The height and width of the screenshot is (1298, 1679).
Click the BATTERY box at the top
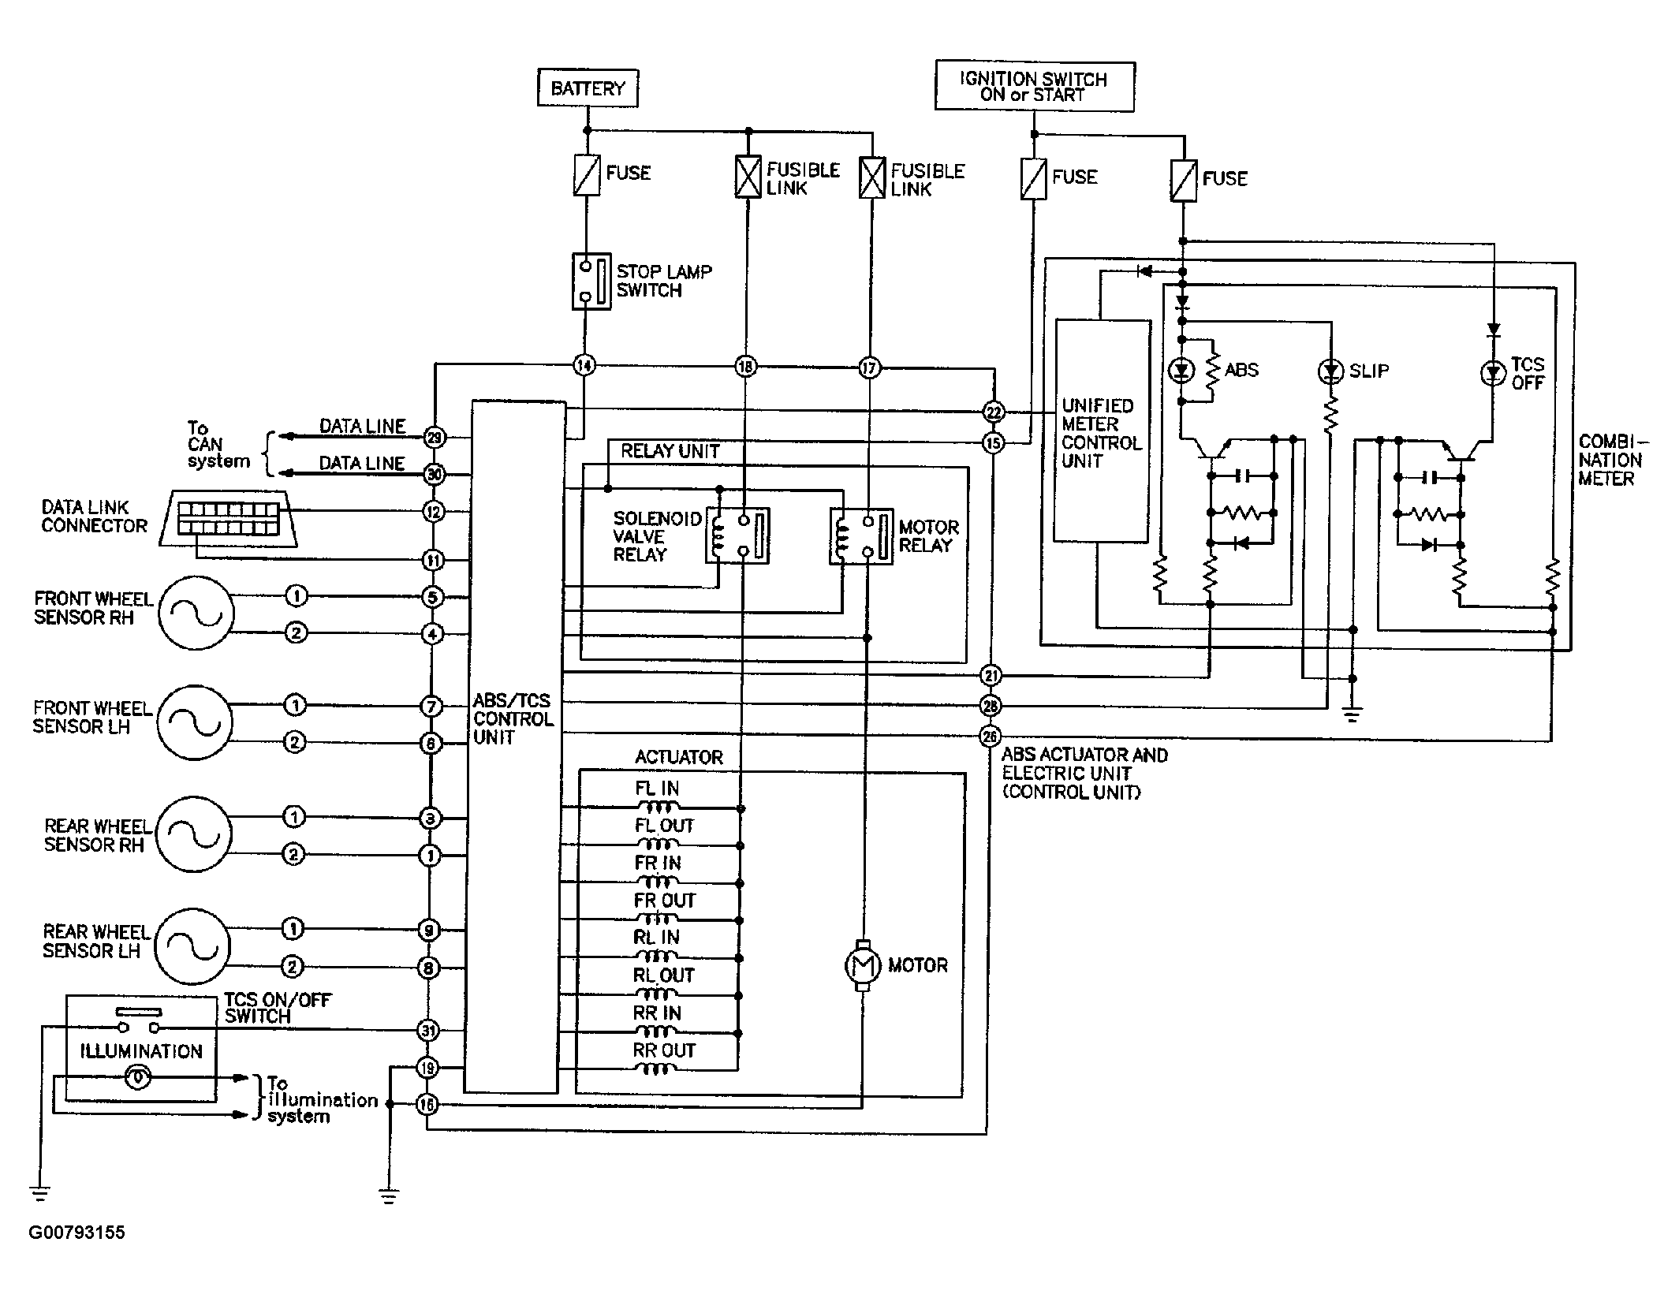[x=588, y=88]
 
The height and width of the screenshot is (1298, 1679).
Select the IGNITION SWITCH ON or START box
[x=1034, y=86]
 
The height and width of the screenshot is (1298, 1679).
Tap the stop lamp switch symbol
[x=591, y=281]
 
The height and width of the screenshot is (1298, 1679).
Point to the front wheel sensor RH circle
[x=196, y=613]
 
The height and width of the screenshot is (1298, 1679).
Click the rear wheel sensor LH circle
[x=192, y=946]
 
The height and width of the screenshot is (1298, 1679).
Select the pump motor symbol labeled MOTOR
[x=862, y=964]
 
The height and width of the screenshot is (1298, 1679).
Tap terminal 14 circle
[x=584, y=365]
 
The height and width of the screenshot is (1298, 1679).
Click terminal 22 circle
[x=993, y=412]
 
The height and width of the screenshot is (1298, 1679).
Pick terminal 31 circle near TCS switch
[x=427, y=1030]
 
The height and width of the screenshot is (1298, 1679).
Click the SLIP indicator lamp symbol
[x=1331, y=371]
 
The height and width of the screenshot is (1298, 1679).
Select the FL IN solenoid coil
[x=657, y=806]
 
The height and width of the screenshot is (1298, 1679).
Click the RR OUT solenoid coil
[x=656, y=1069]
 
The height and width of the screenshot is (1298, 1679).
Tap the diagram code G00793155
[x=76, y=1232]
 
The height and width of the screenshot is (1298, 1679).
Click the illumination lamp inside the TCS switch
[x=138, y=1077]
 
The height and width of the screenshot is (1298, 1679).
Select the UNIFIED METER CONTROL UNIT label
[x=1101, y=433]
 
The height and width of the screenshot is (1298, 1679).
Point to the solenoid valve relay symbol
[x=737, y=535]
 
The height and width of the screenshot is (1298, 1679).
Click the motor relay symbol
[x=861, y=536]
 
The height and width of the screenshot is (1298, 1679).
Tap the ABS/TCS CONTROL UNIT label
[x=513, y=718]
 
